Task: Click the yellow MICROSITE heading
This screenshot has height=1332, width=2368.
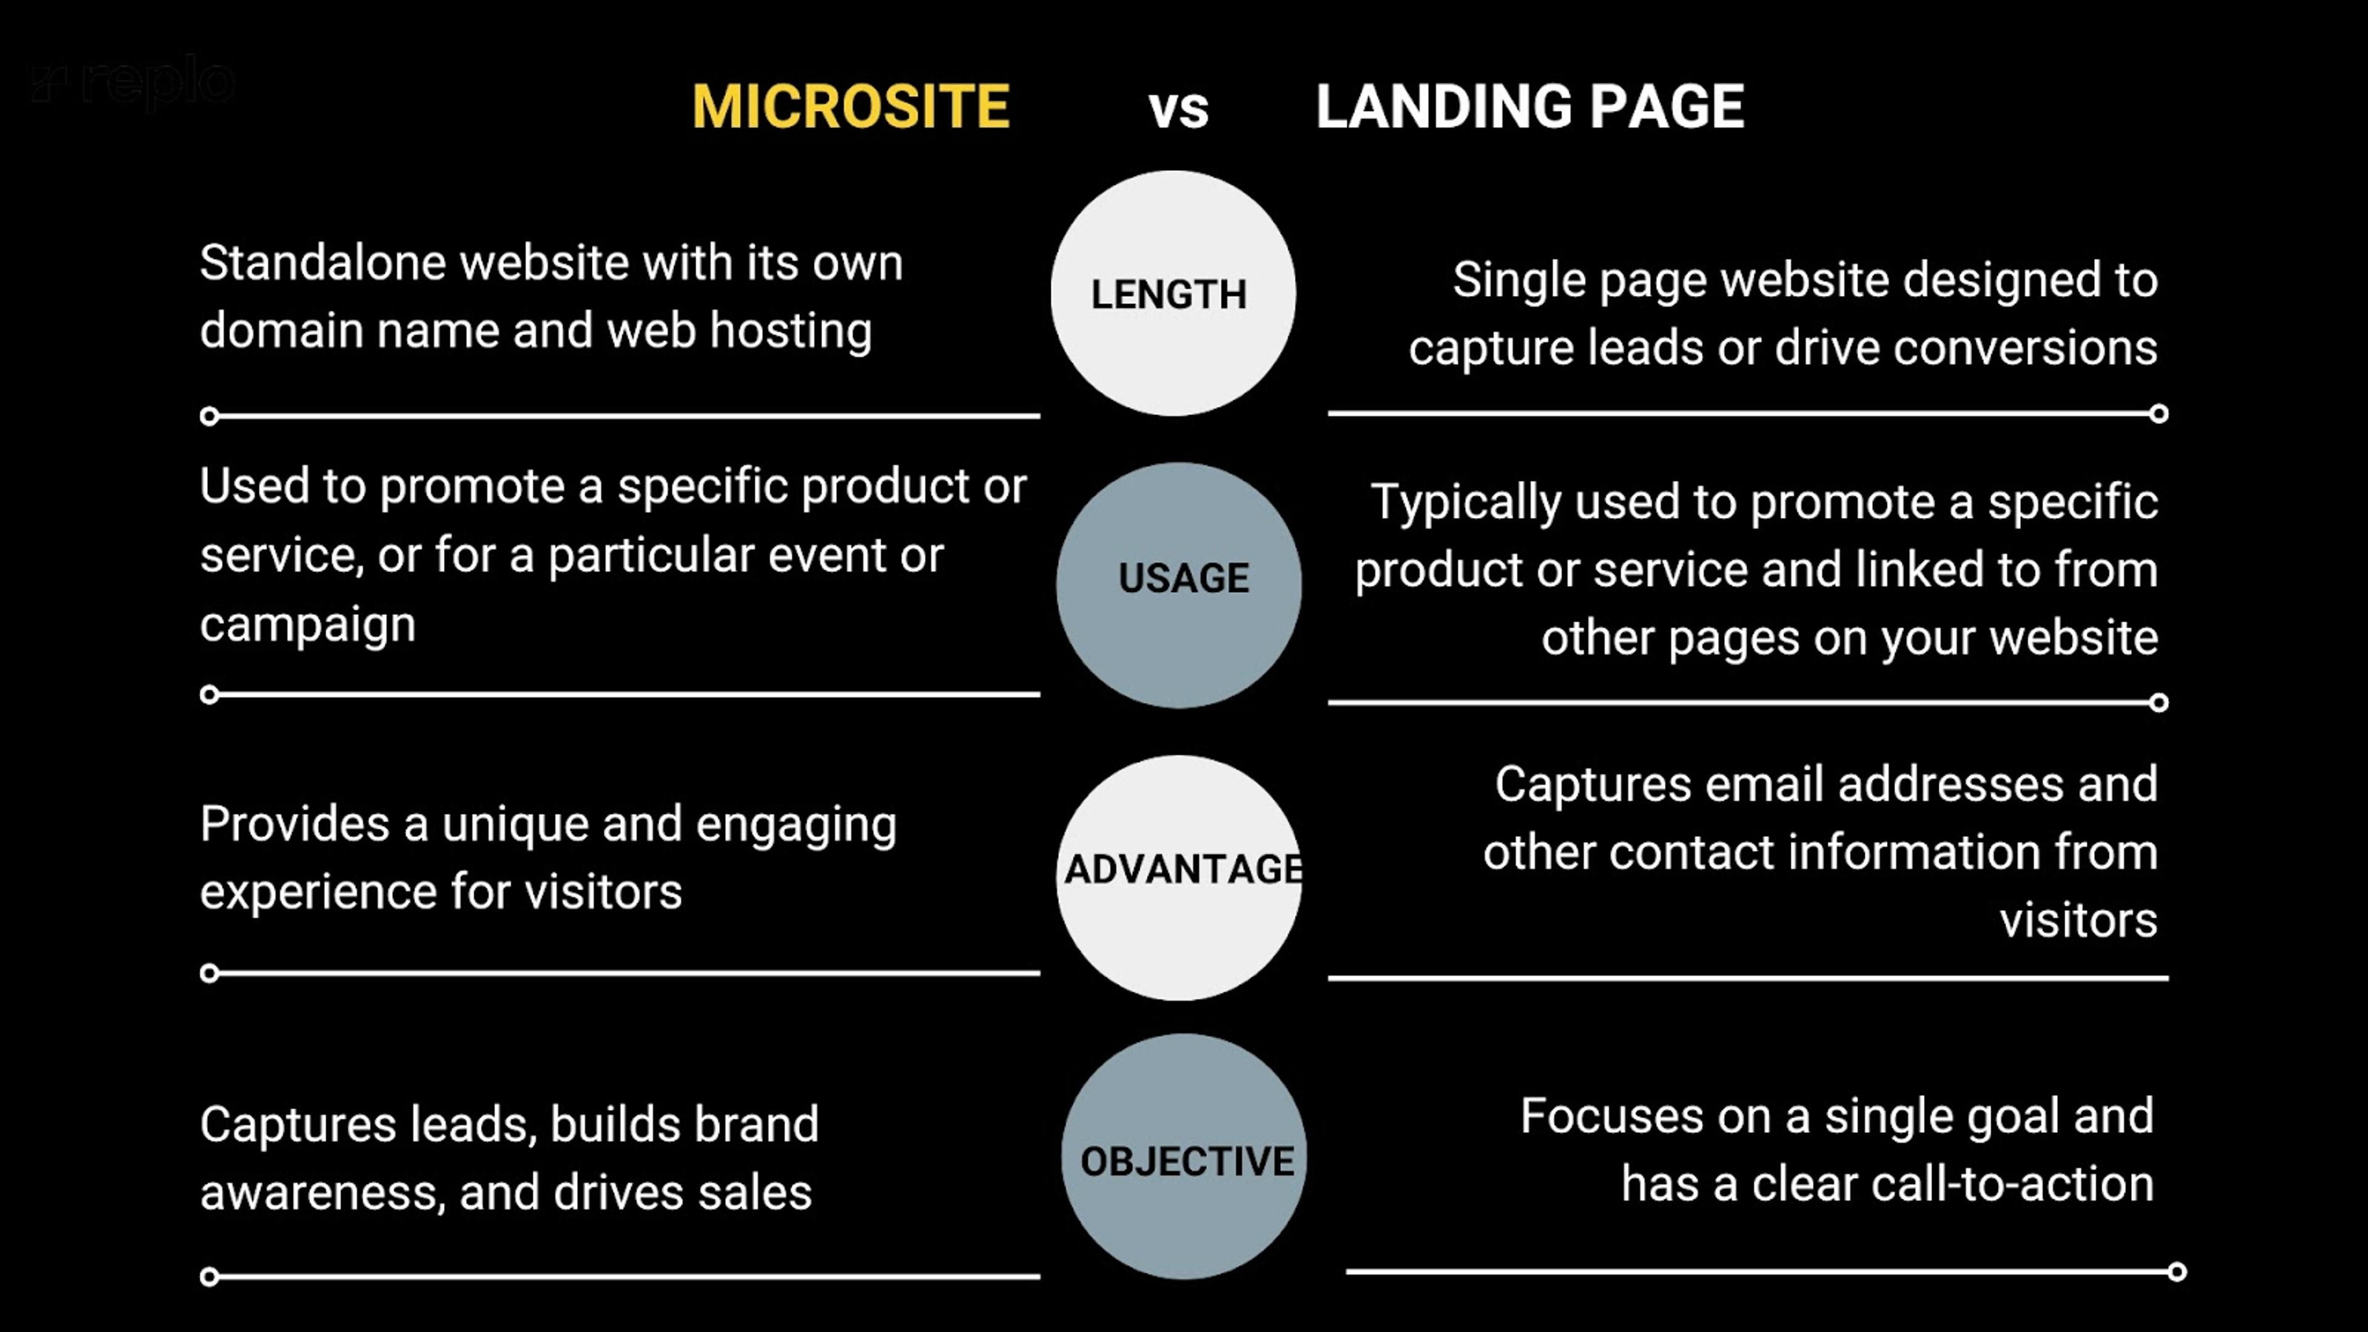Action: click(x=850, y=107)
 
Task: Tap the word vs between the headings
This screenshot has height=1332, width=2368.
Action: click(x=1178, y=109)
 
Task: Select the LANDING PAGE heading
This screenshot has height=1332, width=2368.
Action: click(x=1529, y=107)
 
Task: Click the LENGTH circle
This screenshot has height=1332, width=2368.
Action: click(x=1172, y=294)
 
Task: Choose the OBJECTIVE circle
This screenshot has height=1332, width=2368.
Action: click(x=1184, y=1156)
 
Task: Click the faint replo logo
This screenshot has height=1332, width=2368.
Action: click(x=133, y=83)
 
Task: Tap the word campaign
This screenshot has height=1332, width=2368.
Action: click(x=308, y=625)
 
